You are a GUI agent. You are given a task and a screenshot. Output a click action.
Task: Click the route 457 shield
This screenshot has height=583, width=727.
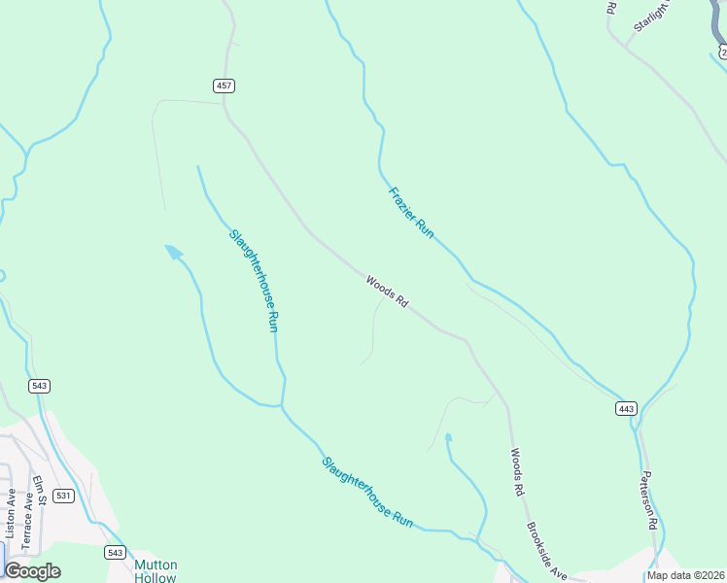pos(225,86)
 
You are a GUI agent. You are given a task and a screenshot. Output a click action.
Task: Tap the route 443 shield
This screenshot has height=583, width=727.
pos(626,409)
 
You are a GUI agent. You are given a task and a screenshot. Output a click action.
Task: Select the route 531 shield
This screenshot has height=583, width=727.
pos(63,496)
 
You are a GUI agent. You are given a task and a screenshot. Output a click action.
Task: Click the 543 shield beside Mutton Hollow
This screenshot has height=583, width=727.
pos(116,552)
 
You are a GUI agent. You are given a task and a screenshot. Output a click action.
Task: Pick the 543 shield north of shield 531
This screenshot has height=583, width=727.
pos(40,386)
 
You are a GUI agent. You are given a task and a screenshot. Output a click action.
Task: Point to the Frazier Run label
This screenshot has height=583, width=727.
pos(410,212)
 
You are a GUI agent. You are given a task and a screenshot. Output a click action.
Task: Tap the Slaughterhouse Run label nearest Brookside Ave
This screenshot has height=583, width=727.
pos(367,492)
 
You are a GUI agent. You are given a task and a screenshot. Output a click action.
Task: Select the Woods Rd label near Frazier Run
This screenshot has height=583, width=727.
pos(387,292)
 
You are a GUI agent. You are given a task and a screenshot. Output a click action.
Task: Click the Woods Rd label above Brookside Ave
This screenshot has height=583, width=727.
pos(518,473)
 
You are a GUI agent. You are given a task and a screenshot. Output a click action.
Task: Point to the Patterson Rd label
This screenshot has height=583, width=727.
pos(649,500)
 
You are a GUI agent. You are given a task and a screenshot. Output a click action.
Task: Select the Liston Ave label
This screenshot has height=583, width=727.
pos(11,513)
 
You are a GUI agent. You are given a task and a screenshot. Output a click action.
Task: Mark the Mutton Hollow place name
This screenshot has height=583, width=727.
pos(156,570)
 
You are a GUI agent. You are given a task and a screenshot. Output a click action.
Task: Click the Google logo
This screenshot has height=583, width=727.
pos(32,571)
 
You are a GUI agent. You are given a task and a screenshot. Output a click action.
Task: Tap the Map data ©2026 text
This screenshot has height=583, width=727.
pos(685,575)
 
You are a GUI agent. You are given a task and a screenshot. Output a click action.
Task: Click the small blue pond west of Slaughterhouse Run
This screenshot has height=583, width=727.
pos(174,253)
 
